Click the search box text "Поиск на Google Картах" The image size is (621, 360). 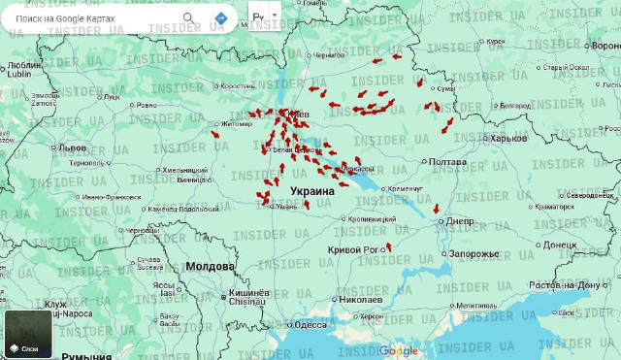click(73, 18)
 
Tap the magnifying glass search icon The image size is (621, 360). click(188, 18)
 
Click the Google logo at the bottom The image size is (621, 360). click(398, 350)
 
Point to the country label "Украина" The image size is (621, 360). click(312, 192)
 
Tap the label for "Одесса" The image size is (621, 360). click(310, 325)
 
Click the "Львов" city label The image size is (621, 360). click(73, 147)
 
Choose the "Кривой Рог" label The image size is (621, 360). click(353, 250)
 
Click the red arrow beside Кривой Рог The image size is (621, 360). click(389, 247)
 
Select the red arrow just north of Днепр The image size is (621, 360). click(437, 208)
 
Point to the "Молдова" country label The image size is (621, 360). click(211, 266)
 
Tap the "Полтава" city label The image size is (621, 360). click(448, 162)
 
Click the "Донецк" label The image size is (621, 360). click(560, 245)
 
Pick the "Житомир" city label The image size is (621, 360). click(237, 124)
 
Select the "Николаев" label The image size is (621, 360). click(360, 300)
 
